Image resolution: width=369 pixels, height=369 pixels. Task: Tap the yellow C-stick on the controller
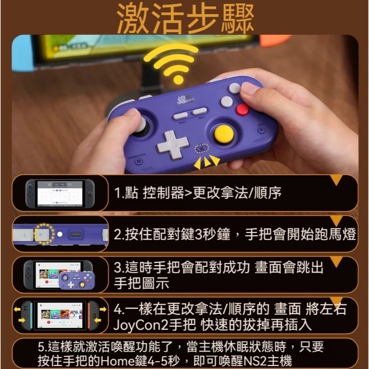[223, 134]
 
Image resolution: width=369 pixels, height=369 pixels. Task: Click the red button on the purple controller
[243, 109]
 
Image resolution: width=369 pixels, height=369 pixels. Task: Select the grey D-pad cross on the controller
[173, 144]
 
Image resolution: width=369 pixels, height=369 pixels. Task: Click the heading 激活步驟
[185, 18]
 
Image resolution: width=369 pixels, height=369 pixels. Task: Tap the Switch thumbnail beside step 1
[60, 193]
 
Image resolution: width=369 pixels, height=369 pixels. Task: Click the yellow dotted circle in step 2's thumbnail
[44, 234]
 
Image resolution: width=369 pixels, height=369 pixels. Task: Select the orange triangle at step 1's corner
[337, 180]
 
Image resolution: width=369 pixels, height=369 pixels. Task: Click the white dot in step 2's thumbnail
[60, 234]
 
